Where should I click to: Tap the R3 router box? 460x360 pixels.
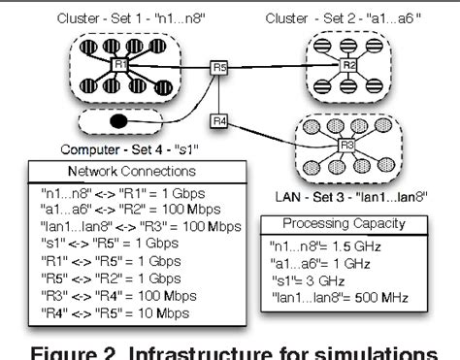pos(346,146)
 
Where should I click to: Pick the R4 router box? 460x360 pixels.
pos(219,122)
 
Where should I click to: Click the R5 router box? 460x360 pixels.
pos(220,68)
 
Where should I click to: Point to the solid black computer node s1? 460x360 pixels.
pos(117,122)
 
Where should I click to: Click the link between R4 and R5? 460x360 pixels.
pos(220,95)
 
